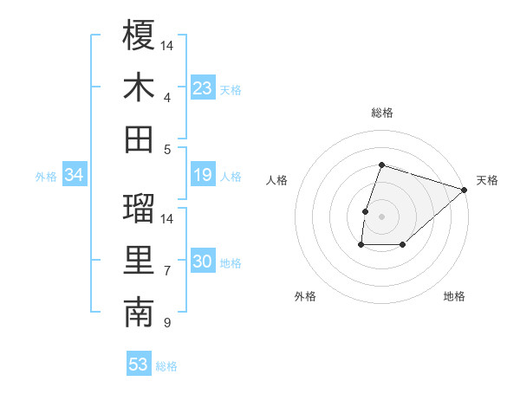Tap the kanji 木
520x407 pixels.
pos(139,87)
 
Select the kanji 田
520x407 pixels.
pos(139,139)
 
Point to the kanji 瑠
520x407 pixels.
pos(139,208)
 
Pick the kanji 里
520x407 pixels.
pos(139,261)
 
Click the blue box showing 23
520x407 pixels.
pos(203,88)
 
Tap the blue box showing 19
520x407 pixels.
pos(203,176)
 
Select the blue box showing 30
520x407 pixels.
pos(203,262)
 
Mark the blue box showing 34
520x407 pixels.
pos(75,176)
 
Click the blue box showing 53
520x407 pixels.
pos(139,365)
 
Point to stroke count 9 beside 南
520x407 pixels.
pos(166,324)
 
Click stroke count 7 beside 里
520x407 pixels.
pos(166,271)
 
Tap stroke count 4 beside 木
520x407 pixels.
pos(166,97)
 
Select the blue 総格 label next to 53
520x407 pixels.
pos(167,366)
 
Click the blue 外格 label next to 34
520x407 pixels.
pos(46,177)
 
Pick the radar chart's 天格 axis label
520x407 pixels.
pos(487,180)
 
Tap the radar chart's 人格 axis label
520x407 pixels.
pos(276,180)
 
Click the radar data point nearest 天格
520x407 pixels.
pos(465,190)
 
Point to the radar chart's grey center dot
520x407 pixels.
pos(381,216)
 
